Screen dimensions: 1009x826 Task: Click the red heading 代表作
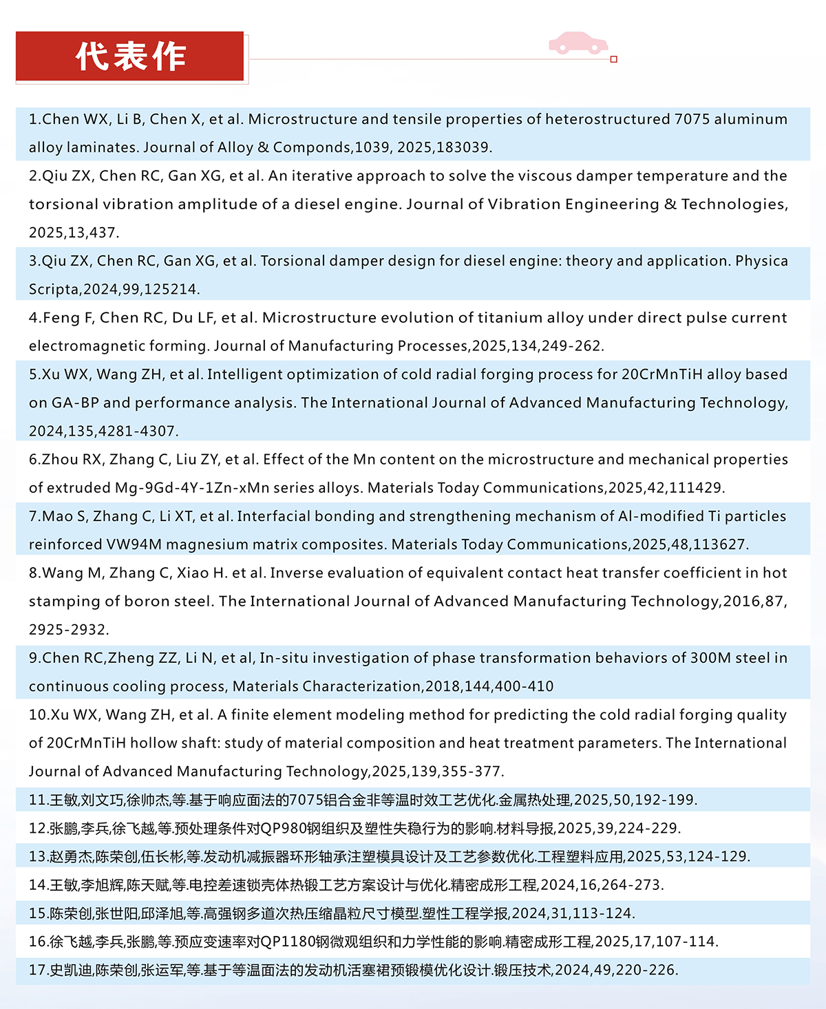click(x=130, y=56)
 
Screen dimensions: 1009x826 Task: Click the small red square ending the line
click(x=614, y=59)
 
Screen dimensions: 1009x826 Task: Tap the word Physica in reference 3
click(x=761, y=261)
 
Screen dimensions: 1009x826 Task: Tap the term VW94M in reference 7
click(x=134, y=544)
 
